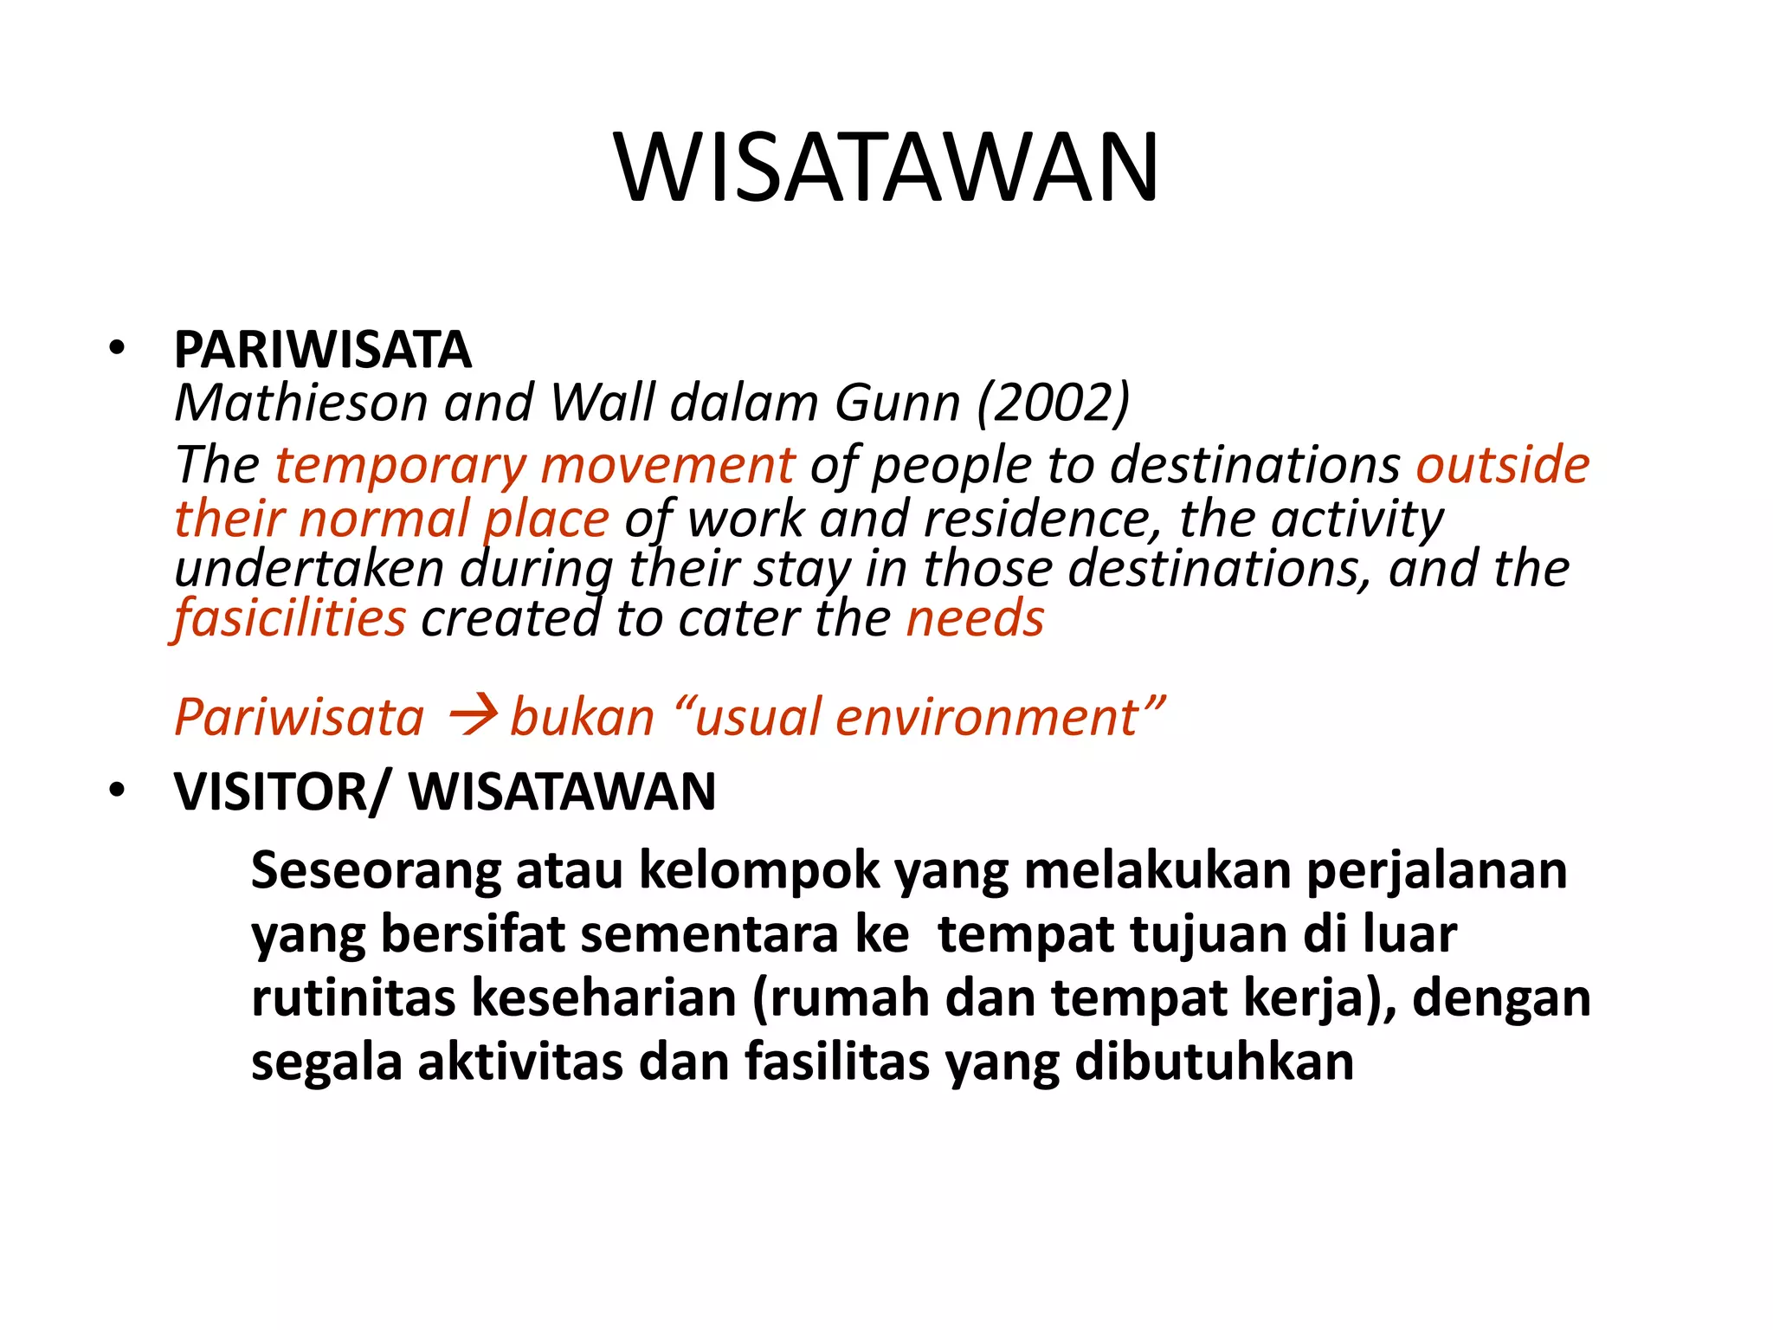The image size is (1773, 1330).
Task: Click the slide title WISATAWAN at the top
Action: click(886, 168)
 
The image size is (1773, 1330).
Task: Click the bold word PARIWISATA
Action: click(322, 350)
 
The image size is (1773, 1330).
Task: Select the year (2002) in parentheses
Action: click(1053, 404)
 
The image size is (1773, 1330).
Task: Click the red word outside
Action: click(1502, 464)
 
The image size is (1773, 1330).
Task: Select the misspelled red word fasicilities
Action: click(290, 619)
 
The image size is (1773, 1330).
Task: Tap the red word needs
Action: click(975, 619)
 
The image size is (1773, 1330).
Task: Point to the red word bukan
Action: click(582, 718)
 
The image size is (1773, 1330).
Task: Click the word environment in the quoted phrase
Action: click(986, 718)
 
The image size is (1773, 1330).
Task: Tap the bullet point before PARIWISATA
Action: click(117, 349)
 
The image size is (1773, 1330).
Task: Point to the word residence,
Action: click(1042, 520)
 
